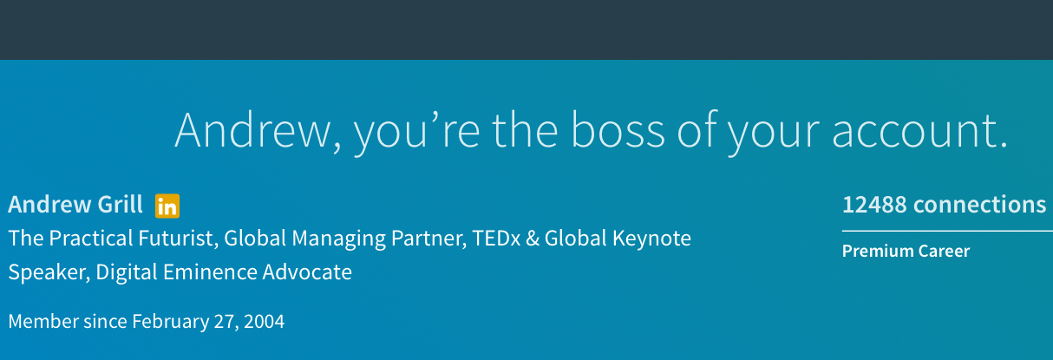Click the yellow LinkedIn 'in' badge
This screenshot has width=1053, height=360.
167,206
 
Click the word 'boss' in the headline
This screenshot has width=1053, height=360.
618,130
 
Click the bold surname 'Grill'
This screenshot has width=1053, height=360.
120,205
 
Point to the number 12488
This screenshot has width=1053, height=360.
874,205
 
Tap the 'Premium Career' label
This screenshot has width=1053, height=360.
906,251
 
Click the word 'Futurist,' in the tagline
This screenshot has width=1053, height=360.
178,239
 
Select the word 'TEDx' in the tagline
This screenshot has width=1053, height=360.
496,239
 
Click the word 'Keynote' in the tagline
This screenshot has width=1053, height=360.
651,239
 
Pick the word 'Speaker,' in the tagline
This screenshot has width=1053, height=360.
49,272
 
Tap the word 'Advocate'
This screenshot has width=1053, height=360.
307,272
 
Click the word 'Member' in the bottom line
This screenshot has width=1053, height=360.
43,322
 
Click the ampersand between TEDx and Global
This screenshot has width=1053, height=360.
533,239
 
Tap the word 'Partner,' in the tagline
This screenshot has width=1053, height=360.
428,239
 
